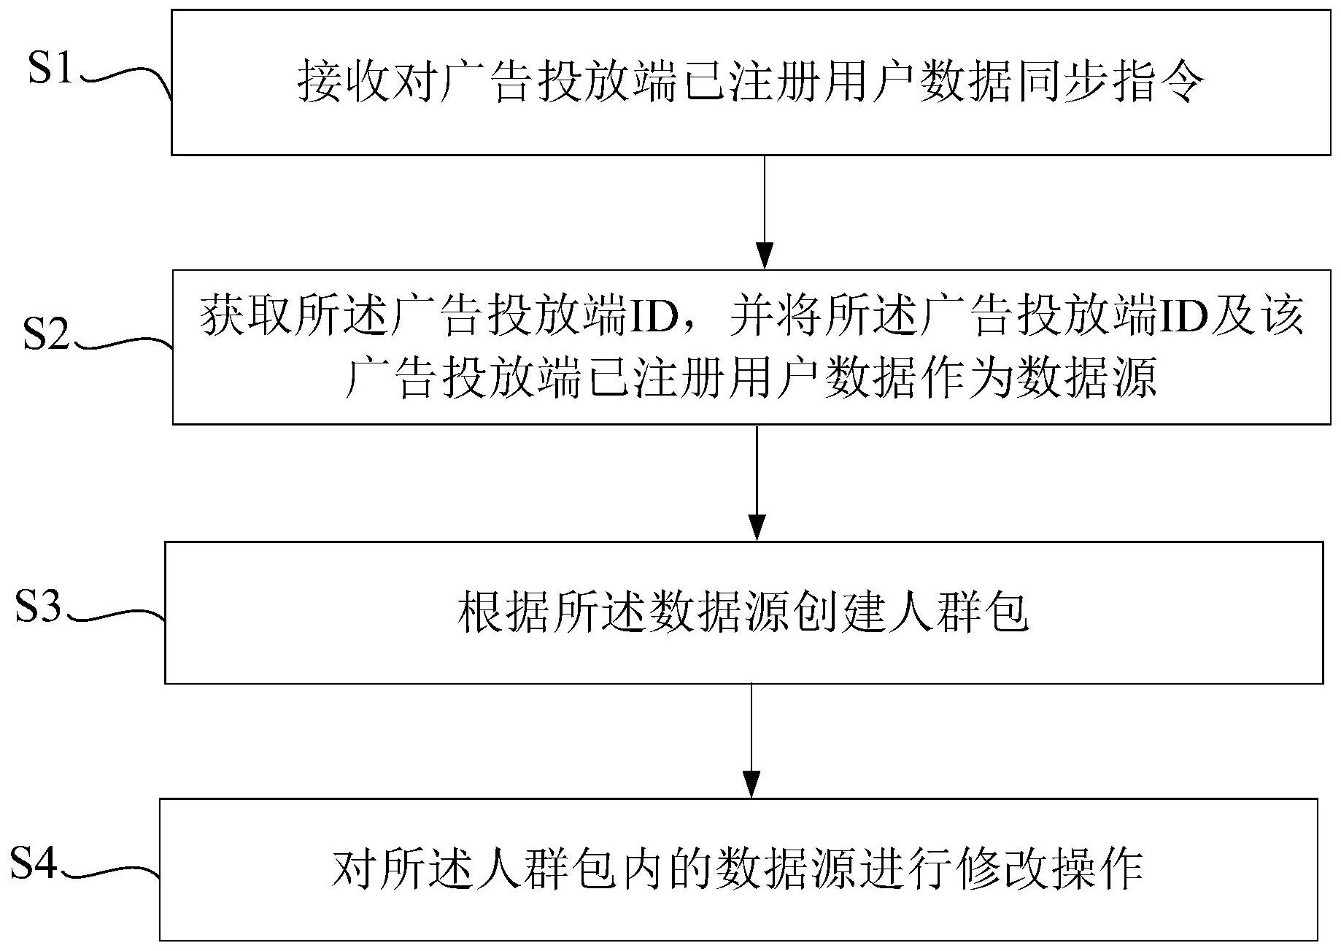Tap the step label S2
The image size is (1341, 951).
tap(46, 334)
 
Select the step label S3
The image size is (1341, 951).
tap(38, 606)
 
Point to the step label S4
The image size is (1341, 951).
tap(34, 863)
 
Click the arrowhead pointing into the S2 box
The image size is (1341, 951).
tap(764, 255)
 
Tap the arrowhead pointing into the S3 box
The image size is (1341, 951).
tap(757, 527)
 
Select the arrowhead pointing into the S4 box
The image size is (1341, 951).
tap(751, 785)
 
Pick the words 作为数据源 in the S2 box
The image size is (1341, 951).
tap(1038, 379)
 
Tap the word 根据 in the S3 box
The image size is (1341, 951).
tap(505, 612)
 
